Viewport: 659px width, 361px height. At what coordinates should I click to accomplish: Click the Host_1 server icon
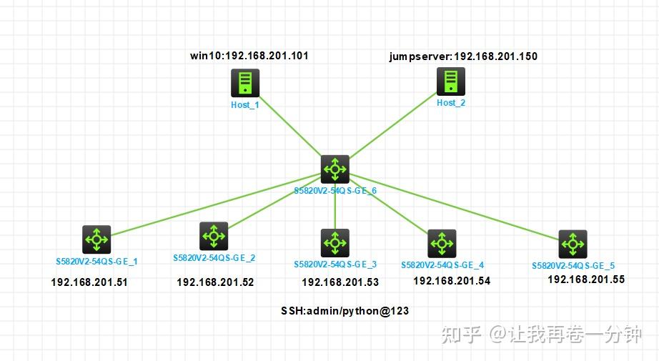tap(244, 83)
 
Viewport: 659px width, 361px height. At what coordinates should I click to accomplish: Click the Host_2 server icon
tap(450, 81)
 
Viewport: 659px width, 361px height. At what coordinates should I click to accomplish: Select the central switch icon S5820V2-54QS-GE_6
tap(334, 169)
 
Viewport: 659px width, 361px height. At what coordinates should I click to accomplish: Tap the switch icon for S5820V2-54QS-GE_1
tap(96, 239)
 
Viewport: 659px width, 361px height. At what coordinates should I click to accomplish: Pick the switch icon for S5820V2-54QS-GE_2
tap(213, 236)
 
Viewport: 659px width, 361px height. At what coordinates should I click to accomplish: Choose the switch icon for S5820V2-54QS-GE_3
tap(335, 243)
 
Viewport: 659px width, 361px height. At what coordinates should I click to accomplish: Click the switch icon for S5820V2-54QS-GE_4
tap(441, 244)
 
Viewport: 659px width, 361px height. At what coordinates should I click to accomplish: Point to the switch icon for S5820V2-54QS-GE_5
tap(572, 244)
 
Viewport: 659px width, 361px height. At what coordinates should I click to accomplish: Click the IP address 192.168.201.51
tap(89, 282)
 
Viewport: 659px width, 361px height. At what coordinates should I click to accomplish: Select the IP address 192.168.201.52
tap(215, 282)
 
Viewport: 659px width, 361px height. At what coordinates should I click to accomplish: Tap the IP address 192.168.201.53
tap(340, 282)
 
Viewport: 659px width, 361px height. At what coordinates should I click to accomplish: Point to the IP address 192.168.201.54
tap(452, 281)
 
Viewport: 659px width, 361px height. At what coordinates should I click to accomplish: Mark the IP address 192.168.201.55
tap(586, 280)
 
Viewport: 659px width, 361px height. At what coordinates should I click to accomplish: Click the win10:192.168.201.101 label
tap(249, 56)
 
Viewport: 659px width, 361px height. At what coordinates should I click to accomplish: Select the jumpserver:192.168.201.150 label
tap(462, 56)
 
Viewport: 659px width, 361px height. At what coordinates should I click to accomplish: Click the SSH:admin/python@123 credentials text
tap(345, 312)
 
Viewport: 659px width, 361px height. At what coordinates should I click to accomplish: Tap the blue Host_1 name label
tap(244, 105)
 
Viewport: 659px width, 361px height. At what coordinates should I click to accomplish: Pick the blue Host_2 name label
tap(450, 103)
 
